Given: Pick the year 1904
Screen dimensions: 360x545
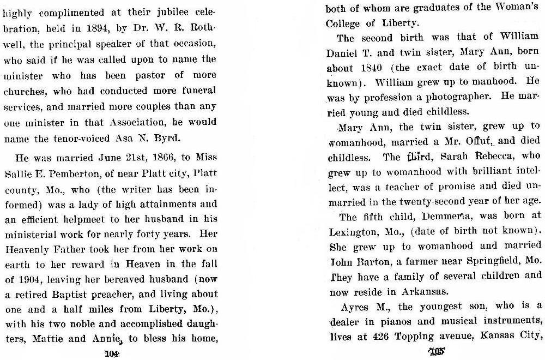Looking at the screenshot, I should click(33, 280).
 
